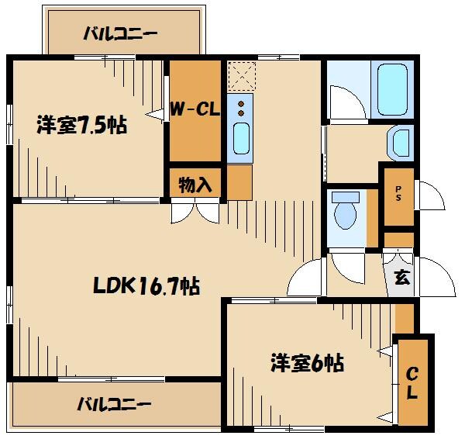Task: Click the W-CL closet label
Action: click(x=195, y=109)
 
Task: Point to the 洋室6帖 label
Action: click(x=307, y=362)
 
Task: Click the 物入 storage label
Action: click(x=195, y=185)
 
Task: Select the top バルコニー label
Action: click(x=120, y=33)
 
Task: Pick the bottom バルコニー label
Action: click(x=114, y=404)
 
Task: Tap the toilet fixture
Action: click(x=342, y=209)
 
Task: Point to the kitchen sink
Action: click(x=241, y=140)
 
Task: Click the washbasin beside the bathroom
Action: click(x=401, y=142)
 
